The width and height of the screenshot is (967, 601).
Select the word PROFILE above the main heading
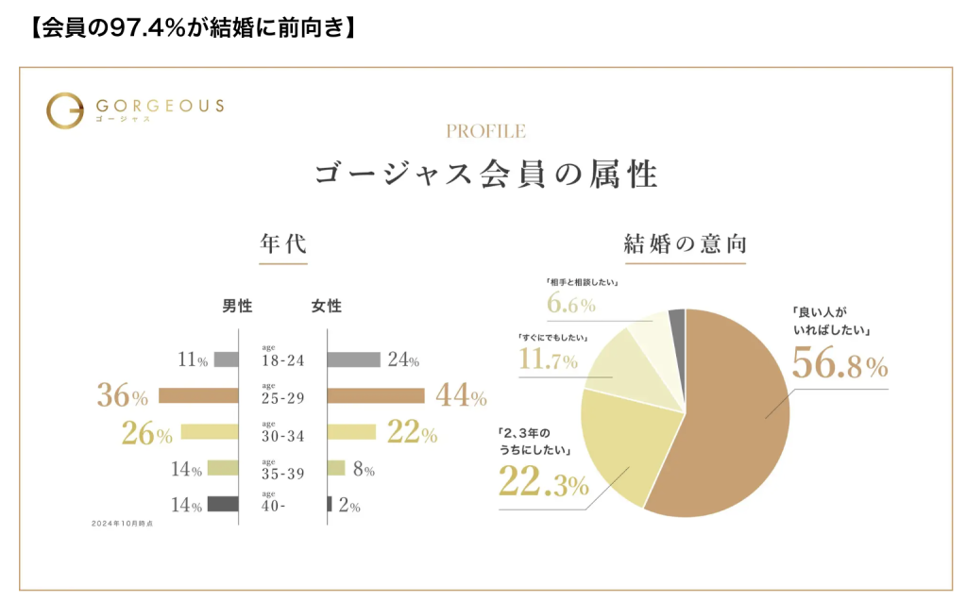tap(485, 132)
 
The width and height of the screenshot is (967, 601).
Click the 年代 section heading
tap(283, 243)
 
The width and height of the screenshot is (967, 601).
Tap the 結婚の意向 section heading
tap(686, 243)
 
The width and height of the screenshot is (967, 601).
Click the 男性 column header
tap(237, 307)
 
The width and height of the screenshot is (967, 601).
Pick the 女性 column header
tap(327, 307)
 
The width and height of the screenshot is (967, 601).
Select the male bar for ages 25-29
tap(198, 395)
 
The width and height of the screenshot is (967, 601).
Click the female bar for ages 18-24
tap(354, 359)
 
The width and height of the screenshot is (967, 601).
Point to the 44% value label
tap(461, 397)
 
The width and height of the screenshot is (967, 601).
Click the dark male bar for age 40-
tap(223, 505)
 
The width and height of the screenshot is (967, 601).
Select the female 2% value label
tap(349, 507)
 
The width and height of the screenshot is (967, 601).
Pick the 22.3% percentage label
tap(543, 485)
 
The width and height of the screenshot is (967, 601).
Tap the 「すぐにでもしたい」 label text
tap(553, 338)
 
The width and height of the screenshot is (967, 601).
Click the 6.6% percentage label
tap(571, 305)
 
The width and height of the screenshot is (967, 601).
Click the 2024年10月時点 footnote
tap(122, 523)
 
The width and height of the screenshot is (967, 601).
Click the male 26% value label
tap(147, 434)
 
